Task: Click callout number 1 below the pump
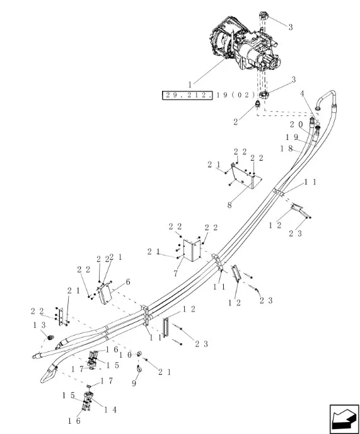(190, 85)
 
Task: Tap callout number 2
(235, 122)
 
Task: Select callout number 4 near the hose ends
(303, 94)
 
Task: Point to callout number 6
(128, 282)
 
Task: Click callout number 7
(176, 274)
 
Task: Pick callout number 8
(229, 206)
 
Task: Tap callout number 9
(134, 384)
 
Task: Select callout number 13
(39, 325)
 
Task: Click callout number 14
(110, 409)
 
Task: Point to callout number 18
(286, 149)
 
